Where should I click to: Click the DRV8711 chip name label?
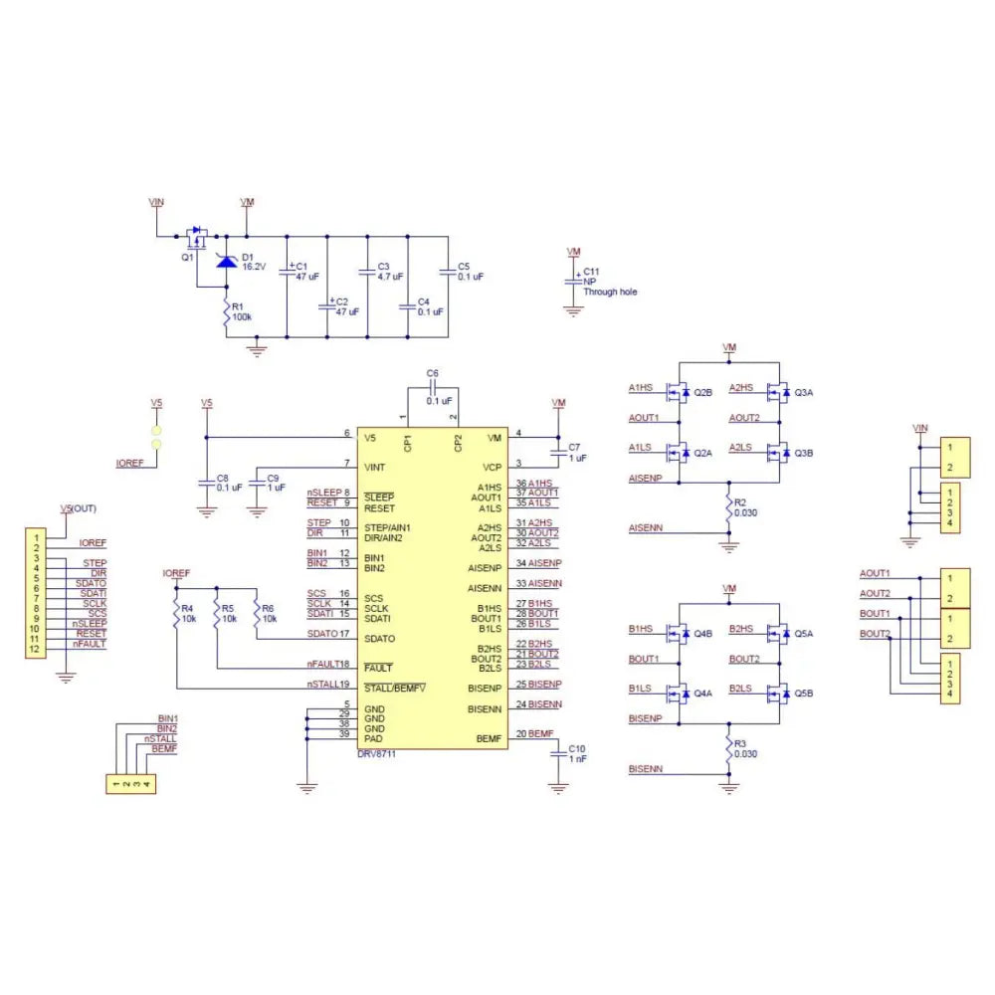378,753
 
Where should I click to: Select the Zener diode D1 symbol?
227,262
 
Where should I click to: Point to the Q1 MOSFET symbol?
197,239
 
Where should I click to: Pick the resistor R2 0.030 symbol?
729,508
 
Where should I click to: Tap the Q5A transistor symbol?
780,634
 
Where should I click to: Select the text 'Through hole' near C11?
610,293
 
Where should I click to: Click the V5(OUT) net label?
79,508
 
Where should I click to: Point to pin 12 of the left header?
34,650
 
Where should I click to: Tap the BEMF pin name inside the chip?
489,739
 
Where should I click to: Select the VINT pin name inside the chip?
375,466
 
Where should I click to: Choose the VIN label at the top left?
156,202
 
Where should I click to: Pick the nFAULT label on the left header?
90,644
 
